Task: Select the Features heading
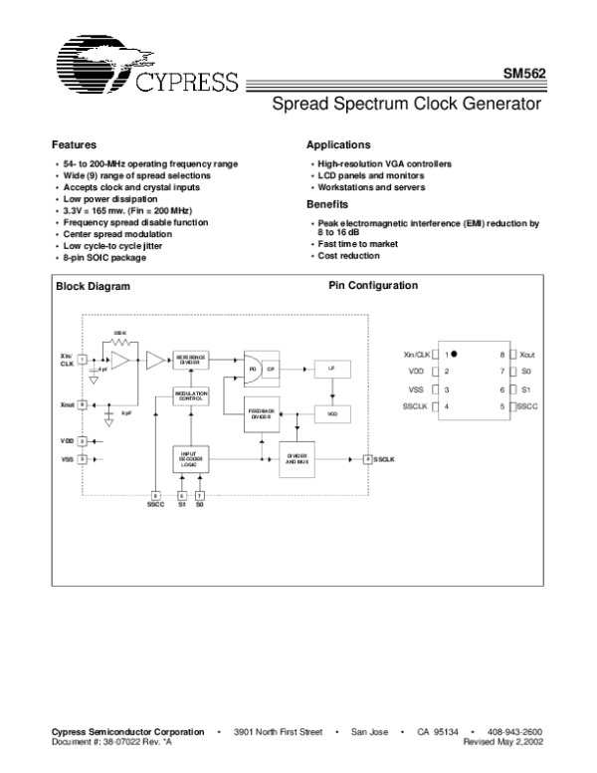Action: click(74, 145)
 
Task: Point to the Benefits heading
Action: click(327, 205)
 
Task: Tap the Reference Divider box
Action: click(191, 361)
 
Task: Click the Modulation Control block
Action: click(191, 395)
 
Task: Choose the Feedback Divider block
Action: click(261, 414)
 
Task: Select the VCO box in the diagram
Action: click(331, 411)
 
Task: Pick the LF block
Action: click(331, 369)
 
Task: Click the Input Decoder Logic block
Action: click(191, 459)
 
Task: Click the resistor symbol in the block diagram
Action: click(120, 341)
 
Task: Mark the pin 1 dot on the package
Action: click(455, 354)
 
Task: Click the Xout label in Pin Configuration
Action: click(527, 354)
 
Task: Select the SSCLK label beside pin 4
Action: click(415, 406)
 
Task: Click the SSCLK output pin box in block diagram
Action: click(367, 458)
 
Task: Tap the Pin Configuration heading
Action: click(372, 286)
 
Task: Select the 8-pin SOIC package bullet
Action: click(104, 258)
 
